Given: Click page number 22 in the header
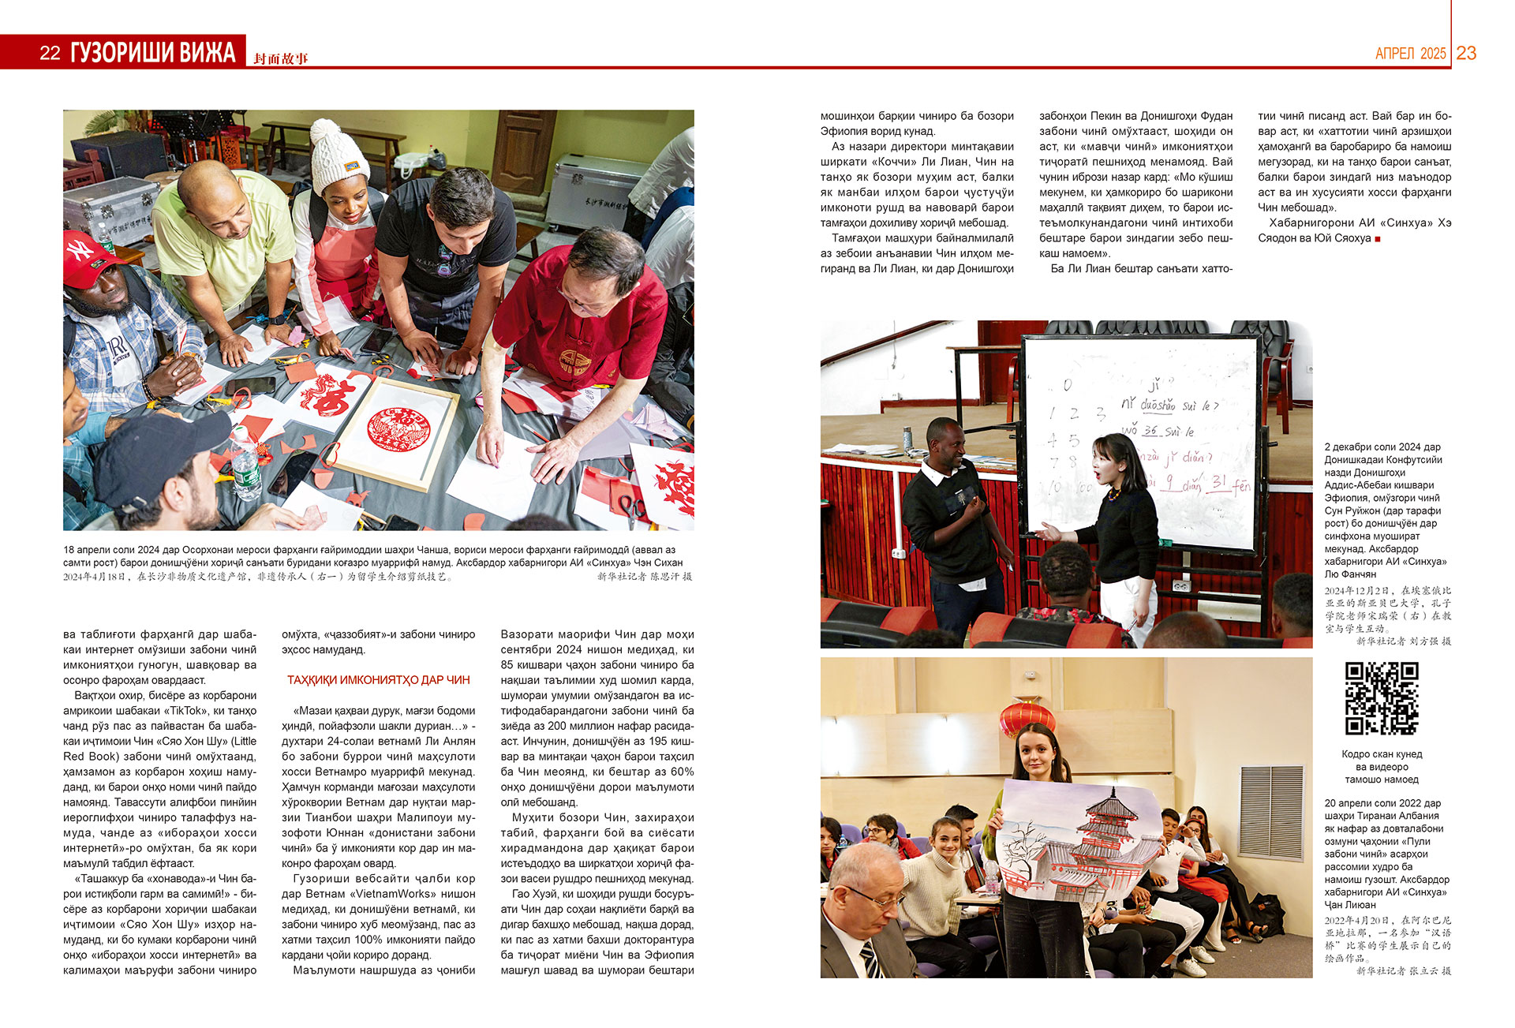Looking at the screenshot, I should point(50,53).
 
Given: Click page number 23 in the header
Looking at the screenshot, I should point(1466,53).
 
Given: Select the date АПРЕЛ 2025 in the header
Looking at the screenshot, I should point(1410,54).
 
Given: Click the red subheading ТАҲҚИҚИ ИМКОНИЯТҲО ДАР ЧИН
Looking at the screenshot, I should point(378,680).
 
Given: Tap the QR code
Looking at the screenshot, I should point(1382,698).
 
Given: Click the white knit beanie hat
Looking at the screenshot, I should point(339,154).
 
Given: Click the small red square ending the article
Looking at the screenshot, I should point(1378,238).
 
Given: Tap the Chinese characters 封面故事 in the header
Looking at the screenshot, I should point(281,58).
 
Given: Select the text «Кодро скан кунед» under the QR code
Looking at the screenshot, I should point(1382,754).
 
